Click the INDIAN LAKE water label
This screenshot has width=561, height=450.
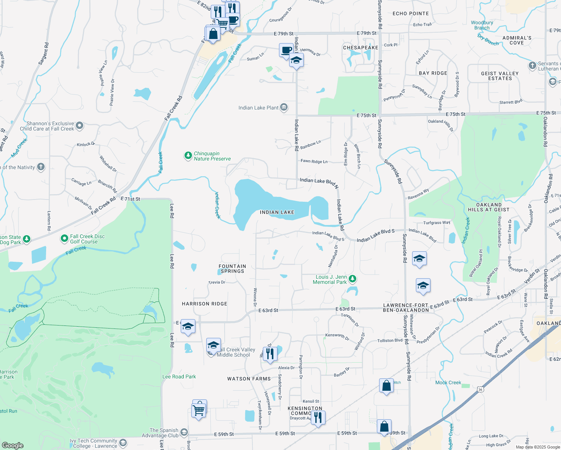click(x=277, y=212)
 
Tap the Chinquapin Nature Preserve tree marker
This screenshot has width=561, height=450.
click(x=188, y=156)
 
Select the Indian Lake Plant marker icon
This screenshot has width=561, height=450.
click(x=284, y=108)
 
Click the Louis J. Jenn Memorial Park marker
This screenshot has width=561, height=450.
click(x=352, y=279)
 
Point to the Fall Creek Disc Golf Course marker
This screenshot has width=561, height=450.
click(x=64, y=238)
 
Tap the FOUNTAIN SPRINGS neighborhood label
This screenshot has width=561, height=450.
click(x=232, y=268)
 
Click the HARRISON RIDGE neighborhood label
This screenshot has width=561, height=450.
click(x=204, y=304)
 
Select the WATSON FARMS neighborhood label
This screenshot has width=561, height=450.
click(x=249, y=379)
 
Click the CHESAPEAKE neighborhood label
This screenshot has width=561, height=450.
click(x=361, y=48)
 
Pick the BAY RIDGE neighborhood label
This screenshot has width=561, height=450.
click(x=433, y=73)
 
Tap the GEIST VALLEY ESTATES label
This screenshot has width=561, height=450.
click(x=500, y=76)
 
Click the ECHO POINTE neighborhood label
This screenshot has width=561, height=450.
click(x=411, y=13)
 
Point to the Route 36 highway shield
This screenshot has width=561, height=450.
click(x=480, y=390)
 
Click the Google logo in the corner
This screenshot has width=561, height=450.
click(x=13, y=445)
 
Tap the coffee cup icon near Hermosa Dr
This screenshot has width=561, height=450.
click(x=286, y=50)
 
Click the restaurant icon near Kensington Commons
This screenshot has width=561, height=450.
click(x=318, y=417)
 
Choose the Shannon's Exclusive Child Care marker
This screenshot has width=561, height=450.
click(x=79, y=126)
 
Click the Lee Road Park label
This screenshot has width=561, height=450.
click(x=179, y=376)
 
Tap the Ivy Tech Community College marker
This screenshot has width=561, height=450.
click(x=123, y=443)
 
